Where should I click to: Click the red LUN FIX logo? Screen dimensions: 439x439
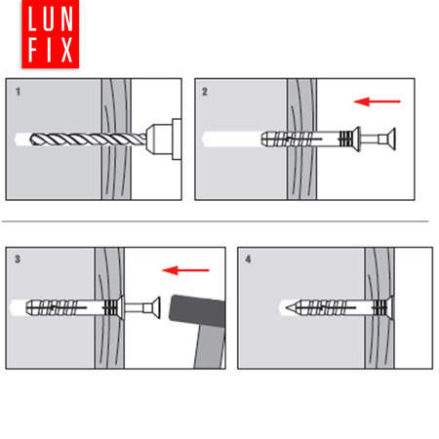51,34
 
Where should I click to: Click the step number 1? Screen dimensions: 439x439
19,92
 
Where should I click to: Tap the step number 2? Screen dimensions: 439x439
205,92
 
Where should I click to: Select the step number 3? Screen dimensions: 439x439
18,259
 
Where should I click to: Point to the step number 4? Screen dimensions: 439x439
248,259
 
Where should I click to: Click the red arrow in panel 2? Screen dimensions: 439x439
377,101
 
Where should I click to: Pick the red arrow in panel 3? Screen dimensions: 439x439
185,270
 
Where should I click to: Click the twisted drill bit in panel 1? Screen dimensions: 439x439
88,140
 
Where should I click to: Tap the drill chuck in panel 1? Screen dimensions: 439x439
164,140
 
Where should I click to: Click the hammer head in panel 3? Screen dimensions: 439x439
197,310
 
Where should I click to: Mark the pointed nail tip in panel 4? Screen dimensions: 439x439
287,307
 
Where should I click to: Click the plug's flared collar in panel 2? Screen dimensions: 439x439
356,140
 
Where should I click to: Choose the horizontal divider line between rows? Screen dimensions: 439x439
216,221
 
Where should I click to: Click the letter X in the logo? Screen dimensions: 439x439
66,50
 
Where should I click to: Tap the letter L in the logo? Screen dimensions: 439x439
32,19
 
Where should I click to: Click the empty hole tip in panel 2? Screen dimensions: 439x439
204,140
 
